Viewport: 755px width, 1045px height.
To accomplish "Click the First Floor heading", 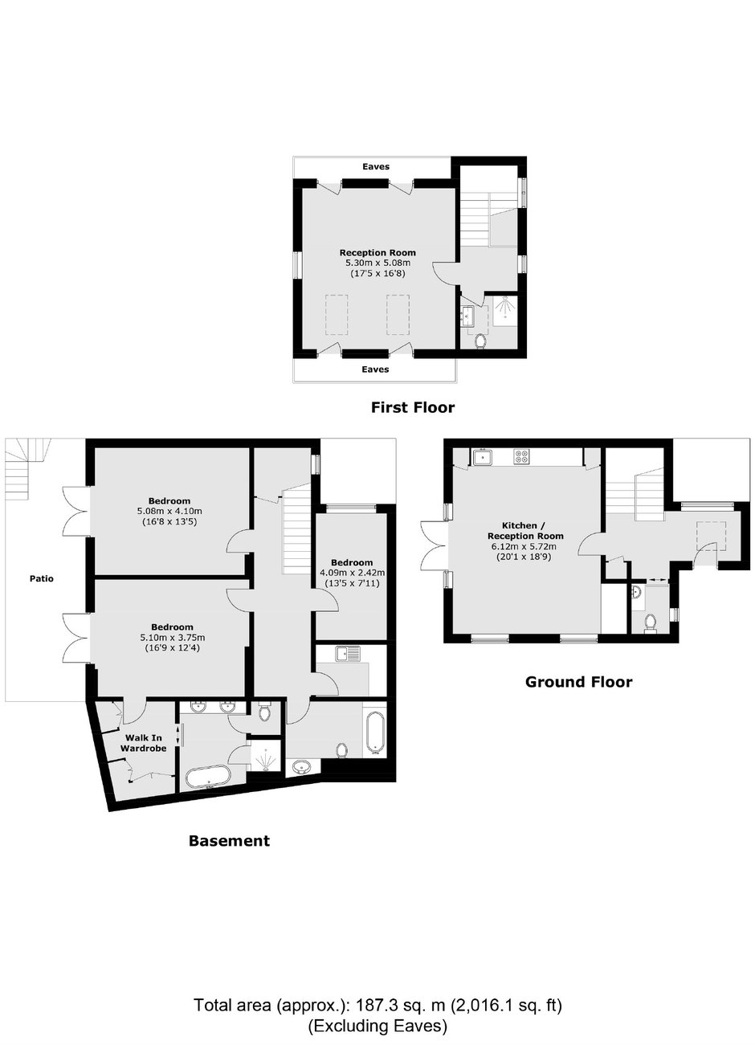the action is [413, 407].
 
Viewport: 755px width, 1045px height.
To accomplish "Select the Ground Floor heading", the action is [578, 682].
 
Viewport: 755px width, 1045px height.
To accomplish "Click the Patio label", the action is [42, 578].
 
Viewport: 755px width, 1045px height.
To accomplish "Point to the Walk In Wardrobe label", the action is [143, 743].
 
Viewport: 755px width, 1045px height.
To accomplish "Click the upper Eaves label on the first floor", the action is [376, 166].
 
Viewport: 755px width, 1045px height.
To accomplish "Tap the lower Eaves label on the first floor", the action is [375, 369].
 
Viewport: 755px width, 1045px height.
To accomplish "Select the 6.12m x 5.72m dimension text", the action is [525, 546].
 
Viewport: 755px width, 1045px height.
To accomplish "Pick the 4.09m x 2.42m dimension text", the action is [352, 573].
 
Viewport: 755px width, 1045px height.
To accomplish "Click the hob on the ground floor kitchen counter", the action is [521, 456].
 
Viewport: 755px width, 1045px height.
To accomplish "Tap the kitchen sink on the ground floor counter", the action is [481, 457].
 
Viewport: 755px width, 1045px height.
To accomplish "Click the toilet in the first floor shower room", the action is [480, 341].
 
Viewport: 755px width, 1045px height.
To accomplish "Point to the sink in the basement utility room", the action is [347, 654].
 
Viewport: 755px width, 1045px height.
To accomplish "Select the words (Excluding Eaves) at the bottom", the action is [377, 1026].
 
